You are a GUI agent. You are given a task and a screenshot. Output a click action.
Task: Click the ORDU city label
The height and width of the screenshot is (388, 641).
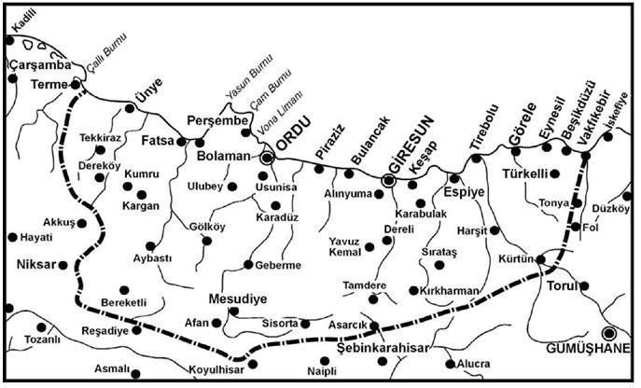294,134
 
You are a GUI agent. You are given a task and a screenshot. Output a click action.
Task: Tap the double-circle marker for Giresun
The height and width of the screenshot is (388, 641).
388,180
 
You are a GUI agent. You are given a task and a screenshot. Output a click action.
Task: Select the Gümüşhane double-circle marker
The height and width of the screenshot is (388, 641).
609,333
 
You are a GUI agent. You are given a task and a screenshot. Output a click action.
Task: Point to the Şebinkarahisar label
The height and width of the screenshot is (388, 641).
383,348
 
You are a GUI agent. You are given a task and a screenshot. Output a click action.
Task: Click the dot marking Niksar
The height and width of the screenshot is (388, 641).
63,266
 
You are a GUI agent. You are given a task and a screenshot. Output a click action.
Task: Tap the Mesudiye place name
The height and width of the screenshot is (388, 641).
238,298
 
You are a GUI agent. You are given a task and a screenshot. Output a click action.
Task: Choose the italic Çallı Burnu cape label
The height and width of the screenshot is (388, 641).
108,53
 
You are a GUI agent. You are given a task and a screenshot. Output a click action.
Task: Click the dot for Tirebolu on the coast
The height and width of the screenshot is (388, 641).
476,159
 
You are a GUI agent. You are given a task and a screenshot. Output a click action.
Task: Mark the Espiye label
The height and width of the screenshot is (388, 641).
464,192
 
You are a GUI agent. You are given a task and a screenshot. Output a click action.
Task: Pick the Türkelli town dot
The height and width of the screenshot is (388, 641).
555,174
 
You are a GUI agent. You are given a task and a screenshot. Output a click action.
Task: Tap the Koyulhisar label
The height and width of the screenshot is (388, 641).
216,370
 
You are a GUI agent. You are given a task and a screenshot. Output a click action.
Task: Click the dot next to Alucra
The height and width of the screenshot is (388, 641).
450,364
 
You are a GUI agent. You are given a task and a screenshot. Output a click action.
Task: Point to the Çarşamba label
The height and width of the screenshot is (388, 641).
40,65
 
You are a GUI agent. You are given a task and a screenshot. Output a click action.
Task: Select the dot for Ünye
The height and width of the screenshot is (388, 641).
130,108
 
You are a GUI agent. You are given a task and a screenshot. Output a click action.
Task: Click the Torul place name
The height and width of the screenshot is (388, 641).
563,286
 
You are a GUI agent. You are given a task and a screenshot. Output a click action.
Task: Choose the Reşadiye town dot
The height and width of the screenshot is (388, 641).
137,329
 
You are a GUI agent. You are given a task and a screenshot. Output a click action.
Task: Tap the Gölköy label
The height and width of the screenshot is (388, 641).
207,227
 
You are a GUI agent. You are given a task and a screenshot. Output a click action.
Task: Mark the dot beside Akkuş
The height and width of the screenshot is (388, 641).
82,223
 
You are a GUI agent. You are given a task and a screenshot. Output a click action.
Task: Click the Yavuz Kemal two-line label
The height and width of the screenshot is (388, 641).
345,246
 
